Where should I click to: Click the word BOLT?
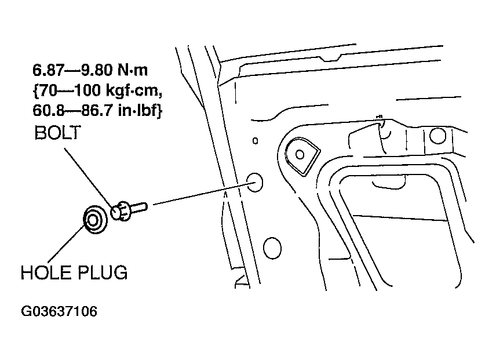(57, 133)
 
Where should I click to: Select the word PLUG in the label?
(103, 272)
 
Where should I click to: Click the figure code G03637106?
(59, 311)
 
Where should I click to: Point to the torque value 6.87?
(49, 70)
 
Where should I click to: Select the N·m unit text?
(133, 70)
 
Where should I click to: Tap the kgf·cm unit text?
(134, 91)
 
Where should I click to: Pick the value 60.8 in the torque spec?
(49, 111)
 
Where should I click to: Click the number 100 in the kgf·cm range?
(87, 90)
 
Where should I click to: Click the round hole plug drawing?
(94, 220)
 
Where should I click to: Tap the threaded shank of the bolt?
(138, 208)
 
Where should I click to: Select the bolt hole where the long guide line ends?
(254, 182)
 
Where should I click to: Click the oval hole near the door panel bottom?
(272, 248)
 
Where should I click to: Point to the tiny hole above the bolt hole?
(256, 141)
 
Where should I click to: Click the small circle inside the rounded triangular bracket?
(300, 155)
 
